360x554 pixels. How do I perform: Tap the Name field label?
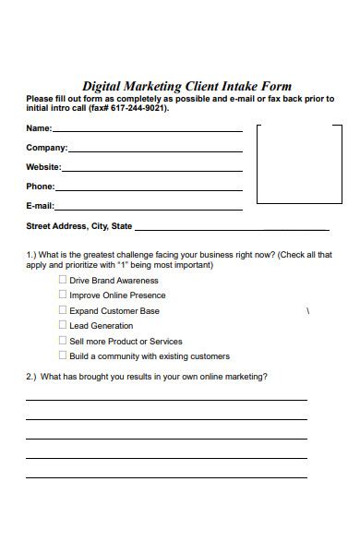(38, 128)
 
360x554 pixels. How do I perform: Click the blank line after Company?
(155, 150)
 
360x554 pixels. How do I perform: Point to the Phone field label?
(40, 187)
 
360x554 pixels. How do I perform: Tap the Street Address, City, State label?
(78, 225)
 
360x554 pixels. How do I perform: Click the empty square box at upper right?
(298, 163)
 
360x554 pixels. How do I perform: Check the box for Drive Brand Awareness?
(63, 280)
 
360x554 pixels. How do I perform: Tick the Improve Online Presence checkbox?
(63, 295)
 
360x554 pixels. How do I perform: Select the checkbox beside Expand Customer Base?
(63, 310)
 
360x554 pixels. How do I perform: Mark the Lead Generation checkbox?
(63, 325)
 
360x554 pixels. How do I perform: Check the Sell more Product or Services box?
(63, 341)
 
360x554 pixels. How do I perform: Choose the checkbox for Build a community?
(63, 355)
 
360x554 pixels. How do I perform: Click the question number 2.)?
(30, 377)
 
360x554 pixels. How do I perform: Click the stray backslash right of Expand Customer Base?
(307, 311)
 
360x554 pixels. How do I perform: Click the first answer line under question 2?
(166, 399)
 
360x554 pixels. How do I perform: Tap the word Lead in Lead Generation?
(79, 326)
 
